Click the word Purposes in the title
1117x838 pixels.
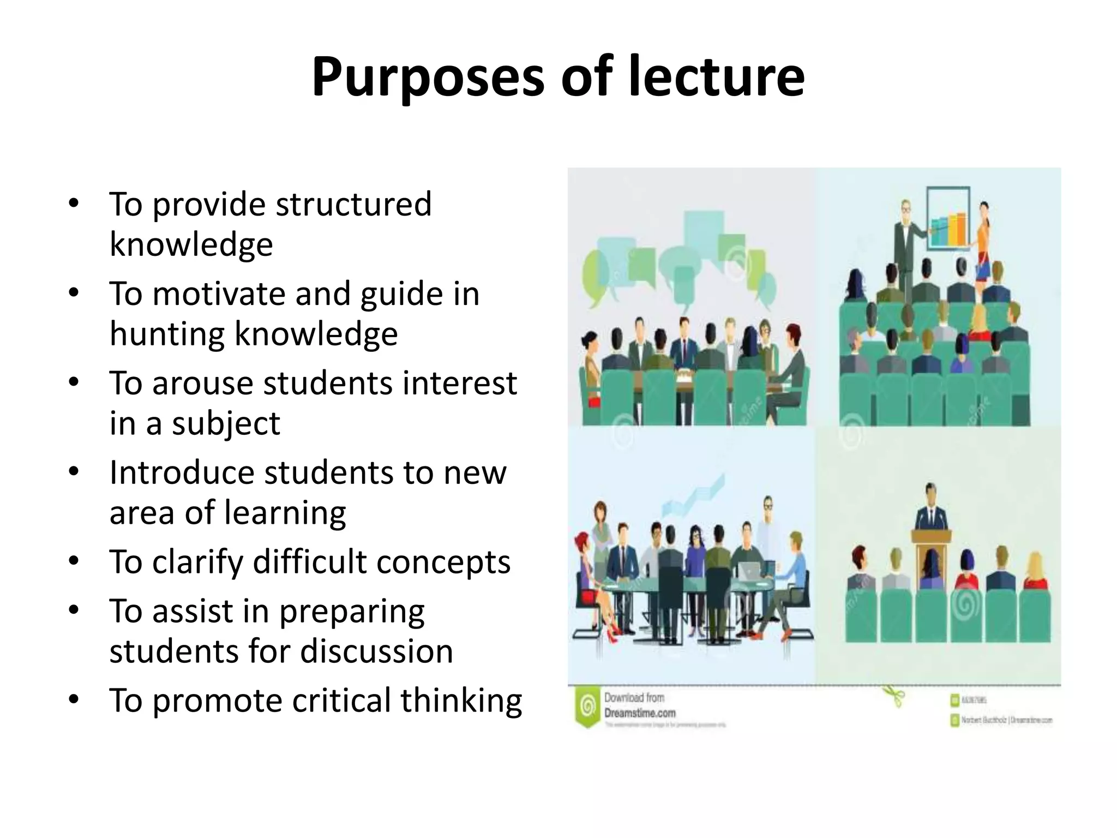pyautogui.click(x=428, y=77)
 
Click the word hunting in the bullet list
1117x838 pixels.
pyautogui.click(x=166, y=333)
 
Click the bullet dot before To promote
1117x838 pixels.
pyautogui.click(x=74, y=699)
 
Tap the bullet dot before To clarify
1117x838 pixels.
pyautogui.click(x=74, y=560)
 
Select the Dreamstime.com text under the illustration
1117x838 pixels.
pyautogui.click(x=640, y=713)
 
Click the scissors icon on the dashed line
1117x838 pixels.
pyautogui.click(x=894, y=697)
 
